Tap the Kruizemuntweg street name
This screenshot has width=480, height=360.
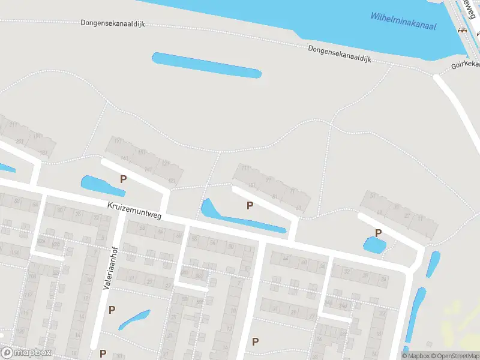click(135, 211)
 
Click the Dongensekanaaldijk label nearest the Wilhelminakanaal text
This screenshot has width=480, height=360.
click(340, 55)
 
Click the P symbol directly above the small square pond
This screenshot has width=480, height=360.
click(378, 233)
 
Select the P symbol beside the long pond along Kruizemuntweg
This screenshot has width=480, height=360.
click(250, 206)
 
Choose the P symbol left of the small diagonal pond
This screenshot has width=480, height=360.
click(112, 310)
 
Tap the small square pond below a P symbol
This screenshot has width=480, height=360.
click(374, 244)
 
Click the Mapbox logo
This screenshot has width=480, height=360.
click(26, 353)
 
